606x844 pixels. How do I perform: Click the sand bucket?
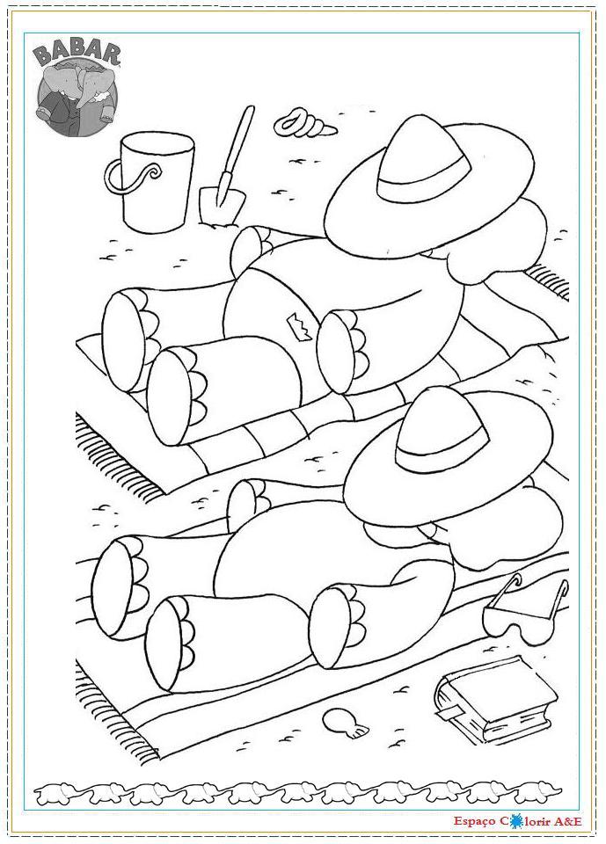(x=157, y=183)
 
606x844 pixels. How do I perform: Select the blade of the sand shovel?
(x=222, y=205)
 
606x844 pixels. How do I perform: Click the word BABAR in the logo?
(x=77, y=55)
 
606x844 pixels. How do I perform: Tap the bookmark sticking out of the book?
(x=450, y=711)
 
